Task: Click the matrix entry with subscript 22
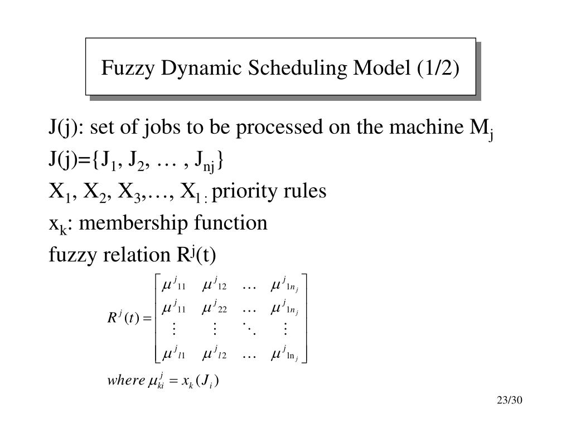point(214,307)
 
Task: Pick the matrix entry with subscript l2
point(214,353)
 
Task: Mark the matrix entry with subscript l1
point(173,353)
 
